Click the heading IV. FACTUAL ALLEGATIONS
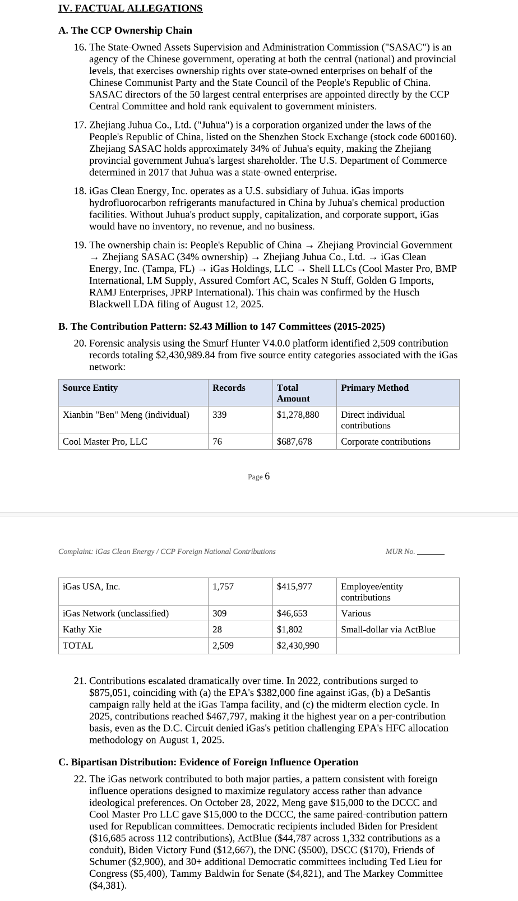pyautogui.click(x=130, y=8)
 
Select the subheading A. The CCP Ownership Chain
pyautogui.click(x=125, y=30)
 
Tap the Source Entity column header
pyautogui.click(x=90, y=387)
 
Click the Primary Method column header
pyautogui.click(x=374, y=387)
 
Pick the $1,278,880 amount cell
pyautogui.click(x=298, y=414)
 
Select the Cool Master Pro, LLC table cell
pyautogui.click(x=105, y=441)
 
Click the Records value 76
pyautogui.click(x=217, y=441)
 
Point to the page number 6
pyautogui.click(x=267, y=476)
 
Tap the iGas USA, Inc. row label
pyautogui.click(x=91, y=586)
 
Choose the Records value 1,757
pyautogui.click(x=223, y=586)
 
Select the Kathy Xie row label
pyautogui.click(x=82, y=629)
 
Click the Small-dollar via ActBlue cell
pyautogui.click(x=388, y=629)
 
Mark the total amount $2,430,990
pyautogui.click(x=298, y=645)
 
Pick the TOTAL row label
pyautogui.click(x=78, y=645)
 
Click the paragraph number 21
pyautogui.click(x=80, y=681)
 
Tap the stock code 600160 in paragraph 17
pyautogui.click(x=439, y=137)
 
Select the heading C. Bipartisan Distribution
pyautogui.click(x=208, y=762)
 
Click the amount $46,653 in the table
pyautogui.click(x=292, y=613)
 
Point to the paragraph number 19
pyautogui.click(x=80, y=245)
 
